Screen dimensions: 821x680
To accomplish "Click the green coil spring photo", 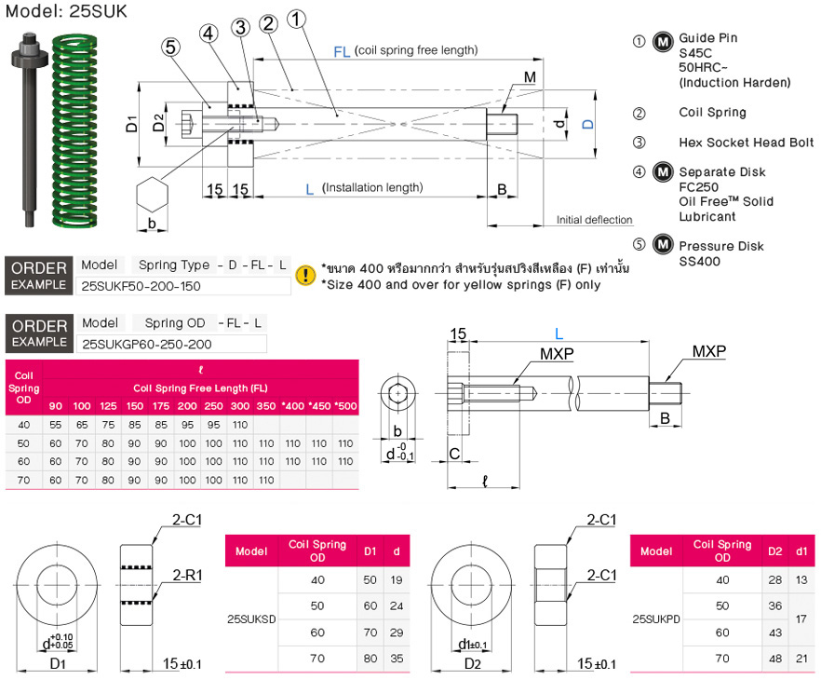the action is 74,131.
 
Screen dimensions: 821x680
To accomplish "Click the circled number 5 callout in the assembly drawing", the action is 170,48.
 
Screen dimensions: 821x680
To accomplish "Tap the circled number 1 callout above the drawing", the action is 296,20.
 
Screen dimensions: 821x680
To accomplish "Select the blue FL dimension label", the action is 342,52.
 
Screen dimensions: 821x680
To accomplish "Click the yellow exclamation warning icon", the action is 305,275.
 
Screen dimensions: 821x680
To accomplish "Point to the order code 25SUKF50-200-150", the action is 141,286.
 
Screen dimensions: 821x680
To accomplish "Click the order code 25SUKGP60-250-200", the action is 147,344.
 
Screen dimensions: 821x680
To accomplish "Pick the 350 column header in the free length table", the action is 266,406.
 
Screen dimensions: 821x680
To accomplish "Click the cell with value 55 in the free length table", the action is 56,425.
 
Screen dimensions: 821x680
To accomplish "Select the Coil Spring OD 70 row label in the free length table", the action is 23,480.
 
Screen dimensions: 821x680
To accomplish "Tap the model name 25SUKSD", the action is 251,619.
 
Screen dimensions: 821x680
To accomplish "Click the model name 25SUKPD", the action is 656,619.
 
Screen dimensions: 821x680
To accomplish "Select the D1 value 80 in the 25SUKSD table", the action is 370,659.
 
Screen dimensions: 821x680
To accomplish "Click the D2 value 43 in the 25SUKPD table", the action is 774,632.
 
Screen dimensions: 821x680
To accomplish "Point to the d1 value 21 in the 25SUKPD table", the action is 801,659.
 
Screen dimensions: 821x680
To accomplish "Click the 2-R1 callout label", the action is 187,576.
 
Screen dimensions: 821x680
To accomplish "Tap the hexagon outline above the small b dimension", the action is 152,196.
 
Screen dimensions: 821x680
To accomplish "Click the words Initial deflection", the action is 594,220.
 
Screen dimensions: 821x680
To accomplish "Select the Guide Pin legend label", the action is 707,37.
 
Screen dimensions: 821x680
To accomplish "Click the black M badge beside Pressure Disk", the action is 663,245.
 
